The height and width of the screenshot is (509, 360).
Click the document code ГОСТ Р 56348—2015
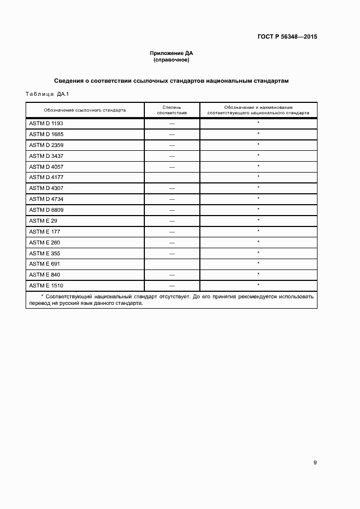click(x=287, y=37)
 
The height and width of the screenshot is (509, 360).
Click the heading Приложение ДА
click(x=172, y=53)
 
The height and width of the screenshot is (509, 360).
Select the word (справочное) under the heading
click(x=172, y=60)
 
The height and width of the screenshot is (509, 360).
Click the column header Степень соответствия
click(x=172, y=110)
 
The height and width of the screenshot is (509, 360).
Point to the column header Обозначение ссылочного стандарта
click(x=85, y=110)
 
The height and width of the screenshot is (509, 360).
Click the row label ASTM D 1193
click(x=46, y=124)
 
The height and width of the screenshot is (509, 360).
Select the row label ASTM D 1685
click(x=46, y=134)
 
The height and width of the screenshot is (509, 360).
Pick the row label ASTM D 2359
click(x=46, y=145)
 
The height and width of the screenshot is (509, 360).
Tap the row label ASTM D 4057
click(x=46, y=167)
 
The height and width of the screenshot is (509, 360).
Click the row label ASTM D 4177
click(x=46, y=177)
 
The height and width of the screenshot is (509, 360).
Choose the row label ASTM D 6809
click(x=46, y=210)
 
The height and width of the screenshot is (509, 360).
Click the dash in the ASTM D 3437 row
click(x=172, y=156)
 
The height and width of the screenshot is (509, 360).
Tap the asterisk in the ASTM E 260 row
click(x=258, y=242)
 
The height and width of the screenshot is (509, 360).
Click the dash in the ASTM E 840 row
click(x=172, y=275)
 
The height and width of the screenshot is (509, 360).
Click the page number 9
click(x=315, y=463)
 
